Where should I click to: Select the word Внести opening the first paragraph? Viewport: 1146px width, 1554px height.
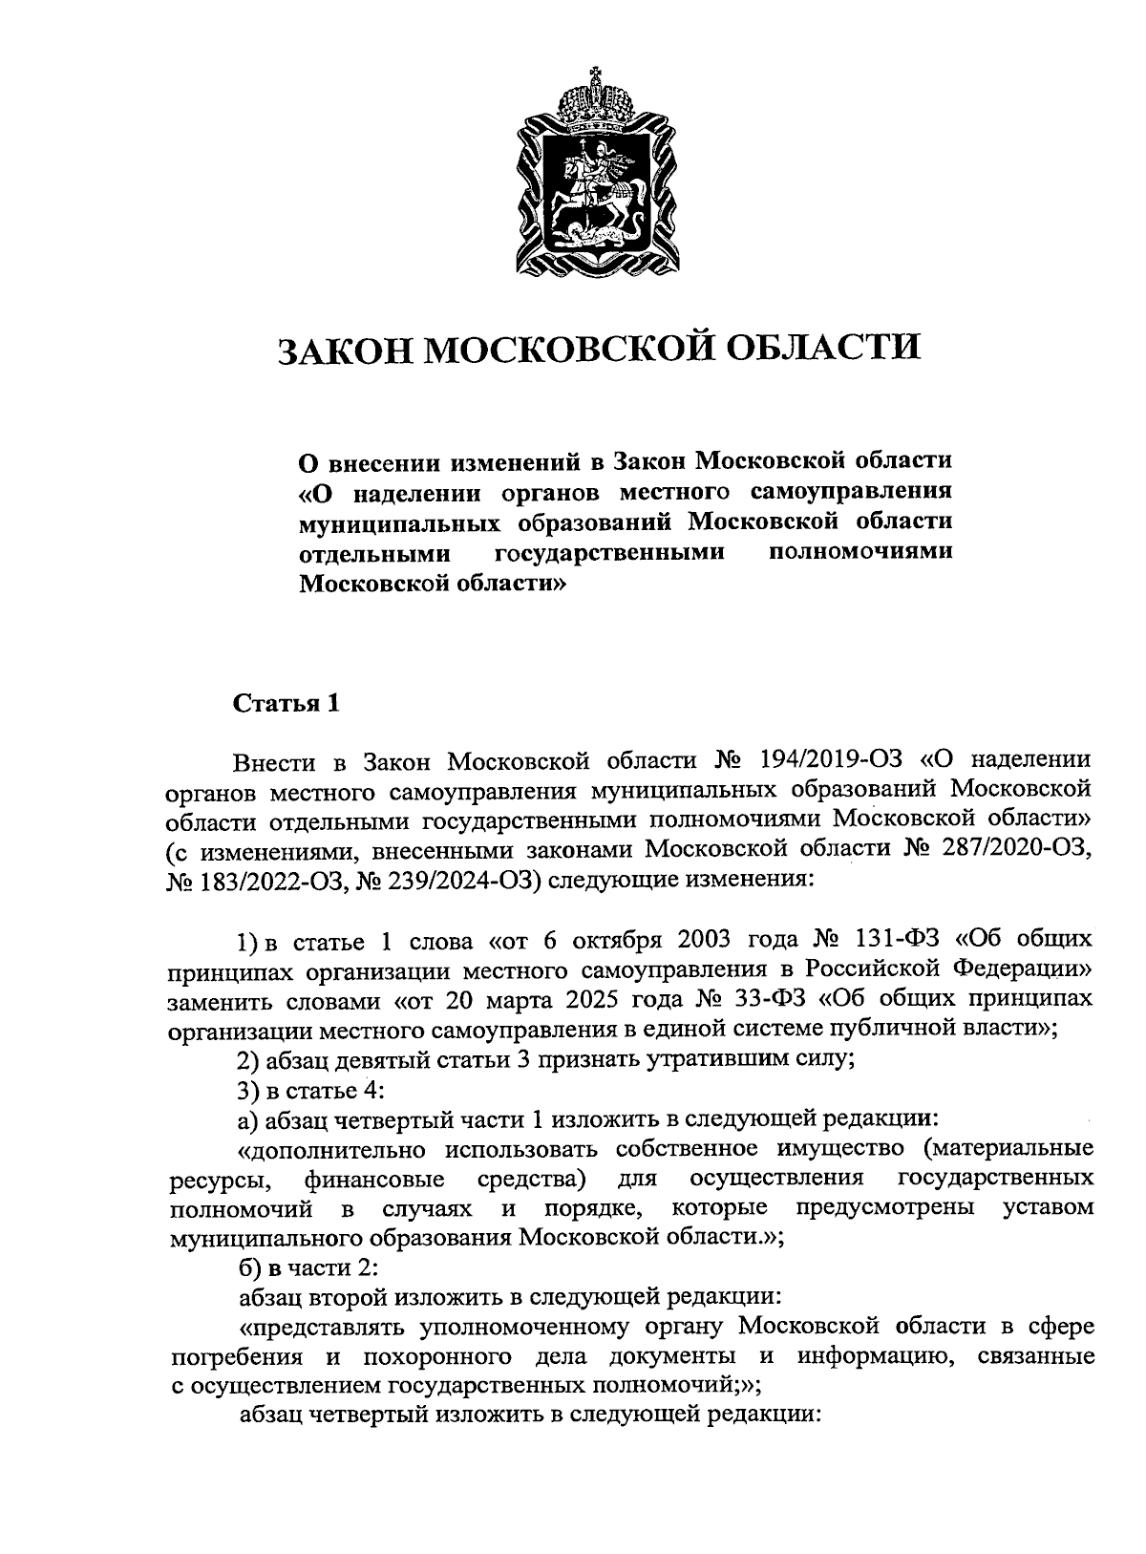tap(274, 760)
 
